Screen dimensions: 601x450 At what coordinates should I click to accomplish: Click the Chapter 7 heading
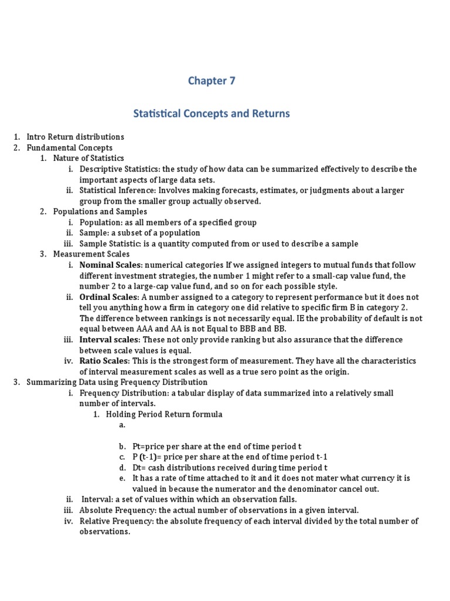[x=212, y=81]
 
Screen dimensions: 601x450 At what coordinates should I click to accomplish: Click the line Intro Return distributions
[x=75, y=137]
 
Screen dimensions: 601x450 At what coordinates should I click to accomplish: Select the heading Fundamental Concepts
[x=69, y=147]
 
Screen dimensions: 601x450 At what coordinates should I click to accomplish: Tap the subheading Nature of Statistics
[x=88, y=158]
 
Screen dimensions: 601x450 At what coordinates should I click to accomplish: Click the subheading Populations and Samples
[x=100, y=211]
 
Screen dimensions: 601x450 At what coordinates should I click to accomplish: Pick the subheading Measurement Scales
[x=91, y=254]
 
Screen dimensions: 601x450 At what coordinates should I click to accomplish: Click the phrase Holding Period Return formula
[x=163, y=414]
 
